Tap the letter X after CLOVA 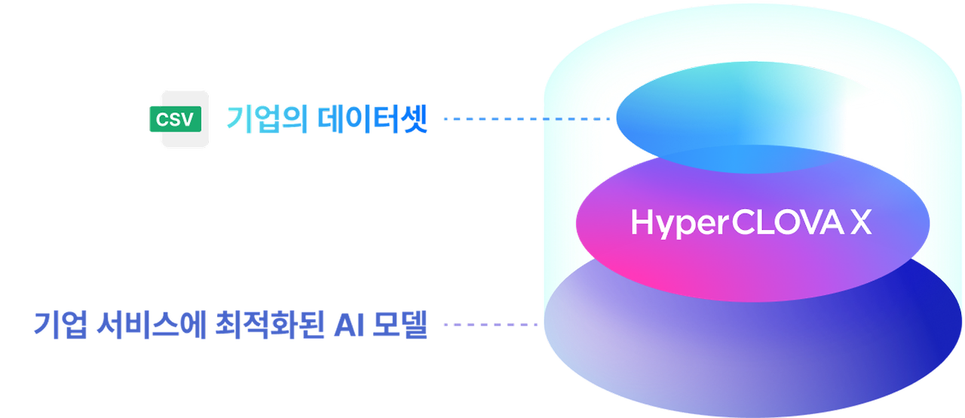tap(861, 223)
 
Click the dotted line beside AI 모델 tap(490, 325)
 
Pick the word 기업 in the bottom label tap(60, 324)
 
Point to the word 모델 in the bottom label tap(397, 324)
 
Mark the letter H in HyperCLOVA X tap(641, 223)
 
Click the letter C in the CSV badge tap(162, 118)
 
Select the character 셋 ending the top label tap(414, 119)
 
